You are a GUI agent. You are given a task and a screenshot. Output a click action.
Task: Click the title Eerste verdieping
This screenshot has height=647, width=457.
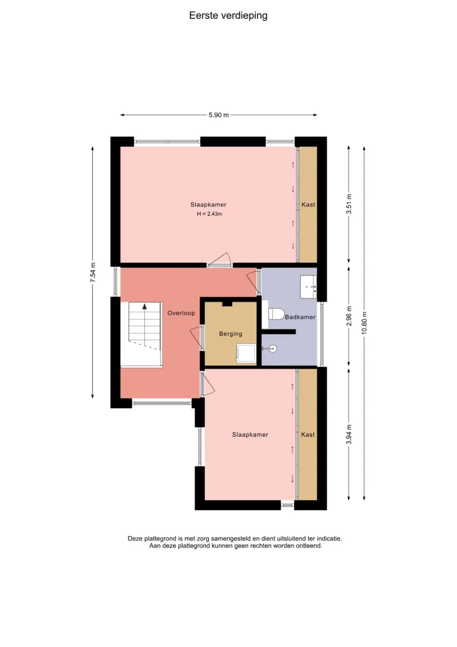(228, 15)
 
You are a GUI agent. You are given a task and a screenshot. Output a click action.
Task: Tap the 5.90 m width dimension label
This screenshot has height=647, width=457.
(218, 115)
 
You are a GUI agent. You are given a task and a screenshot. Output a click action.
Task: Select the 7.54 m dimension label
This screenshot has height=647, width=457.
(93, 273)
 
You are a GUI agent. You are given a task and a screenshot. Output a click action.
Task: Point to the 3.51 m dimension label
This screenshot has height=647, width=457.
(349, 204)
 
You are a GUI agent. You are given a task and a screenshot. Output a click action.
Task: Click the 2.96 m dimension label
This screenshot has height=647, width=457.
(349, 316)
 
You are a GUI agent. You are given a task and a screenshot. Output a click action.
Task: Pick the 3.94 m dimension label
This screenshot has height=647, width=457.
(349, 434)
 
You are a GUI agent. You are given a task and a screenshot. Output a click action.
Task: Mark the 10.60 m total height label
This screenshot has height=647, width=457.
(364, 323)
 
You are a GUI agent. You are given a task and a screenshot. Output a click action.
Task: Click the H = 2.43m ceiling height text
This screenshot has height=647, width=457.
(210, 214)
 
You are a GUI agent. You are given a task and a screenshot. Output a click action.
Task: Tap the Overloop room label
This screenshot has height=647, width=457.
(181, 313)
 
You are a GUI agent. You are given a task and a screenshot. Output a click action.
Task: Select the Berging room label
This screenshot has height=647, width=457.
(230, 334)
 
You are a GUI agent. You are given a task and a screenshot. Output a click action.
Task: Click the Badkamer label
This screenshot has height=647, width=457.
(300, 317)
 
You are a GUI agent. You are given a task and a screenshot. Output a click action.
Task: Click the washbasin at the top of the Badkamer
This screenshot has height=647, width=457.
(308, 287)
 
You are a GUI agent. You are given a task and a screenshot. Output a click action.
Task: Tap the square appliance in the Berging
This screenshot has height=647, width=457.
(246, 354)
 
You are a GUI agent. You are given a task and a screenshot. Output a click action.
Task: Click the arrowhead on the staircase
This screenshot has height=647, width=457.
(144, 306)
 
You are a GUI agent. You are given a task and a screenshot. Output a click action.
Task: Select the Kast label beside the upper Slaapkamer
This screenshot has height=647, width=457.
(308, 204)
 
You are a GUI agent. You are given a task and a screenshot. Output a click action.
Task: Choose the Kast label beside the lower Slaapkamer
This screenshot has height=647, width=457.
(308, 434)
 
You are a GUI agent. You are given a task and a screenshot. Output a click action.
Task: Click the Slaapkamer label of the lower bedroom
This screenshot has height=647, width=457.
(250, 434)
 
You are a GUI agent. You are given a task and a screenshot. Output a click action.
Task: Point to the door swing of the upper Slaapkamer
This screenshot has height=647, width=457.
(220, 259)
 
